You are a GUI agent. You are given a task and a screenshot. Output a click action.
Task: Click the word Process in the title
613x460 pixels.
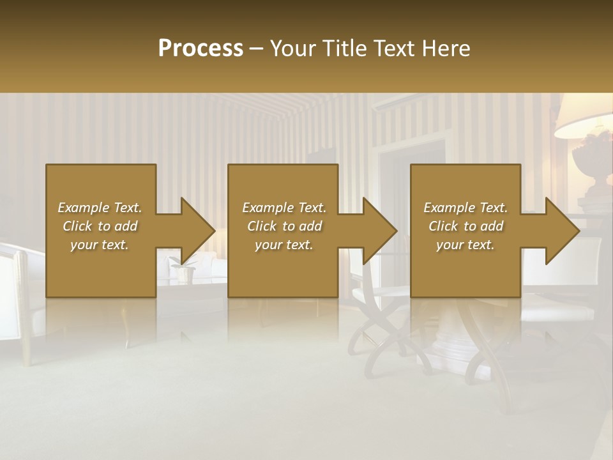coord(201,49)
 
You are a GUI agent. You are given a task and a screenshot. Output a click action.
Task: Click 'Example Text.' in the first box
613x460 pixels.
coord(100,208)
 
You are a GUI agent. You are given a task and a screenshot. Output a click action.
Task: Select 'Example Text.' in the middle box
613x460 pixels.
coord(284,208)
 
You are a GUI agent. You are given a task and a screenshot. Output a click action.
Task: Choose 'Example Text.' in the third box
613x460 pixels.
coord(465,208)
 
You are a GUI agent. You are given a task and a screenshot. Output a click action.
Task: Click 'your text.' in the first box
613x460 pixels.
coord(100,245)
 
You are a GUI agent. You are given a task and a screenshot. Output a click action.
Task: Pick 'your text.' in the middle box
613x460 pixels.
coord(284,245)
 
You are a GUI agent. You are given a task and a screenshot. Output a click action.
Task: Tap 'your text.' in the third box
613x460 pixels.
coord(465,245)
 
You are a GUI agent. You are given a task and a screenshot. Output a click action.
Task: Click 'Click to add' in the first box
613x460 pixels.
coord(100,226)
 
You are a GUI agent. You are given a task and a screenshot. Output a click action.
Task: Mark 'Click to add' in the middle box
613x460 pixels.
coord(284,226)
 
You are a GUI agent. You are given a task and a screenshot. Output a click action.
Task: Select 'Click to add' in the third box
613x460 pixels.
coord(465,226)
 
